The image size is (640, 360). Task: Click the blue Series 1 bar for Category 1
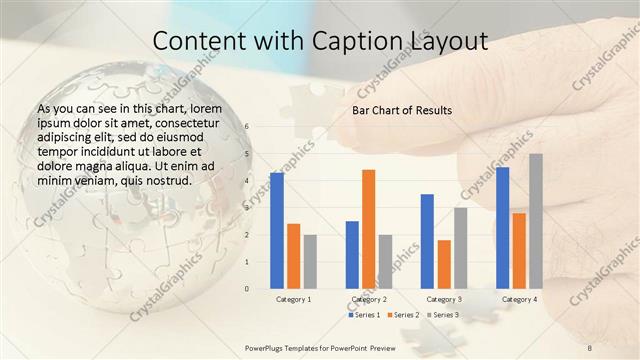pyautogui.click(x=277, y=230)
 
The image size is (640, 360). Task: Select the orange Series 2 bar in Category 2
pyautogui.click(x=368, y=228)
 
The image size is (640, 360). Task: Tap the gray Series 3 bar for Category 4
pyautogui.click(x=536, y=220)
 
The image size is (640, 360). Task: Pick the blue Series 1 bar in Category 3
pyautogui.click(x=427, y=240)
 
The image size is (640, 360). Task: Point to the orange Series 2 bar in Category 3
pyautogui.click(x=444, y=264)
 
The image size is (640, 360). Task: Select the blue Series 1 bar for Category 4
pyautogui.click(x=502, y=227)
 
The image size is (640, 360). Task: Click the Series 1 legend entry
pyautogui.click(x=365, y=315)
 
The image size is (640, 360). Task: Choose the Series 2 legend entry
pyautogui.click(x=403, y=315)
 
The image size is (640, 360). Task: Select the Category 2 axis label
pyautogui.click(x=368, y=299)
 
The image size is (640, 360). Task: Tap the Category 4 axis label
pyautogui.click(x=519, y=299)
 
